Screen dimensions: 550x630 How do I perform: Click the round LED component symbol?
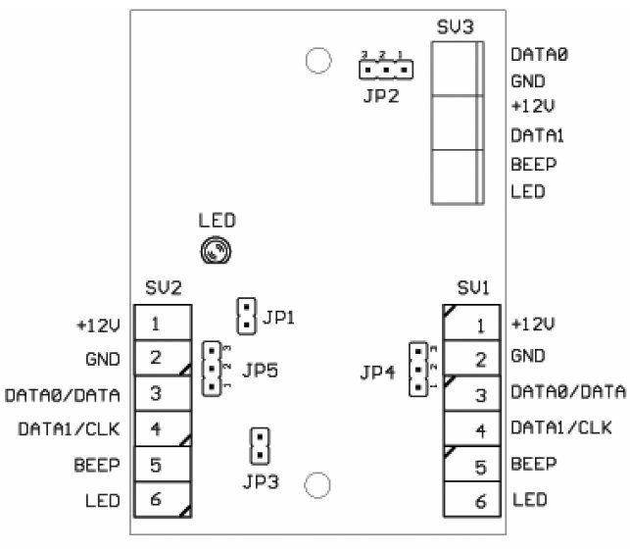pos(216,252)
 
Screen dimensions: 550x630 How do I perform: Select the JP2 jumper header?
pos(386,70)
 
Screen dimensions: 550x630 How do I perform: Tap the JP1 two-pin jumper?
pos(246,316)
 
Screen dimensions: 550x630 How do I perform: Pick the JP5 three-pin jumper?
pos(212,369)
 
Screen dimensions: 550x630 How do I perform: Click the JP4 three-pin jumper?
pos(418,369)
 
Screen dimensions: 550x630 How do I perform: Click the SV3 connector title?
pos(456,25)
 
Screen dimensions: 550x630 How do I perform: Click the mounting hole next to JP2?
pos(316,62)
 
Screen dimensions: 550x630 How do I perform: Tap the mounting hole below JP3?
pos(316,484)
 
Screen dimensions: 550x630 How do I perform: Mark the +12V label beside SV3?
pos(531,108)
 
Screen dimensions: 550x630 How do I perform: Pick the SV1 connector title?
pos(474,288)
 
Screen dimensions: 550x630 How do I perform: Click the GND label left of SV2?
pos(103,359)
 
